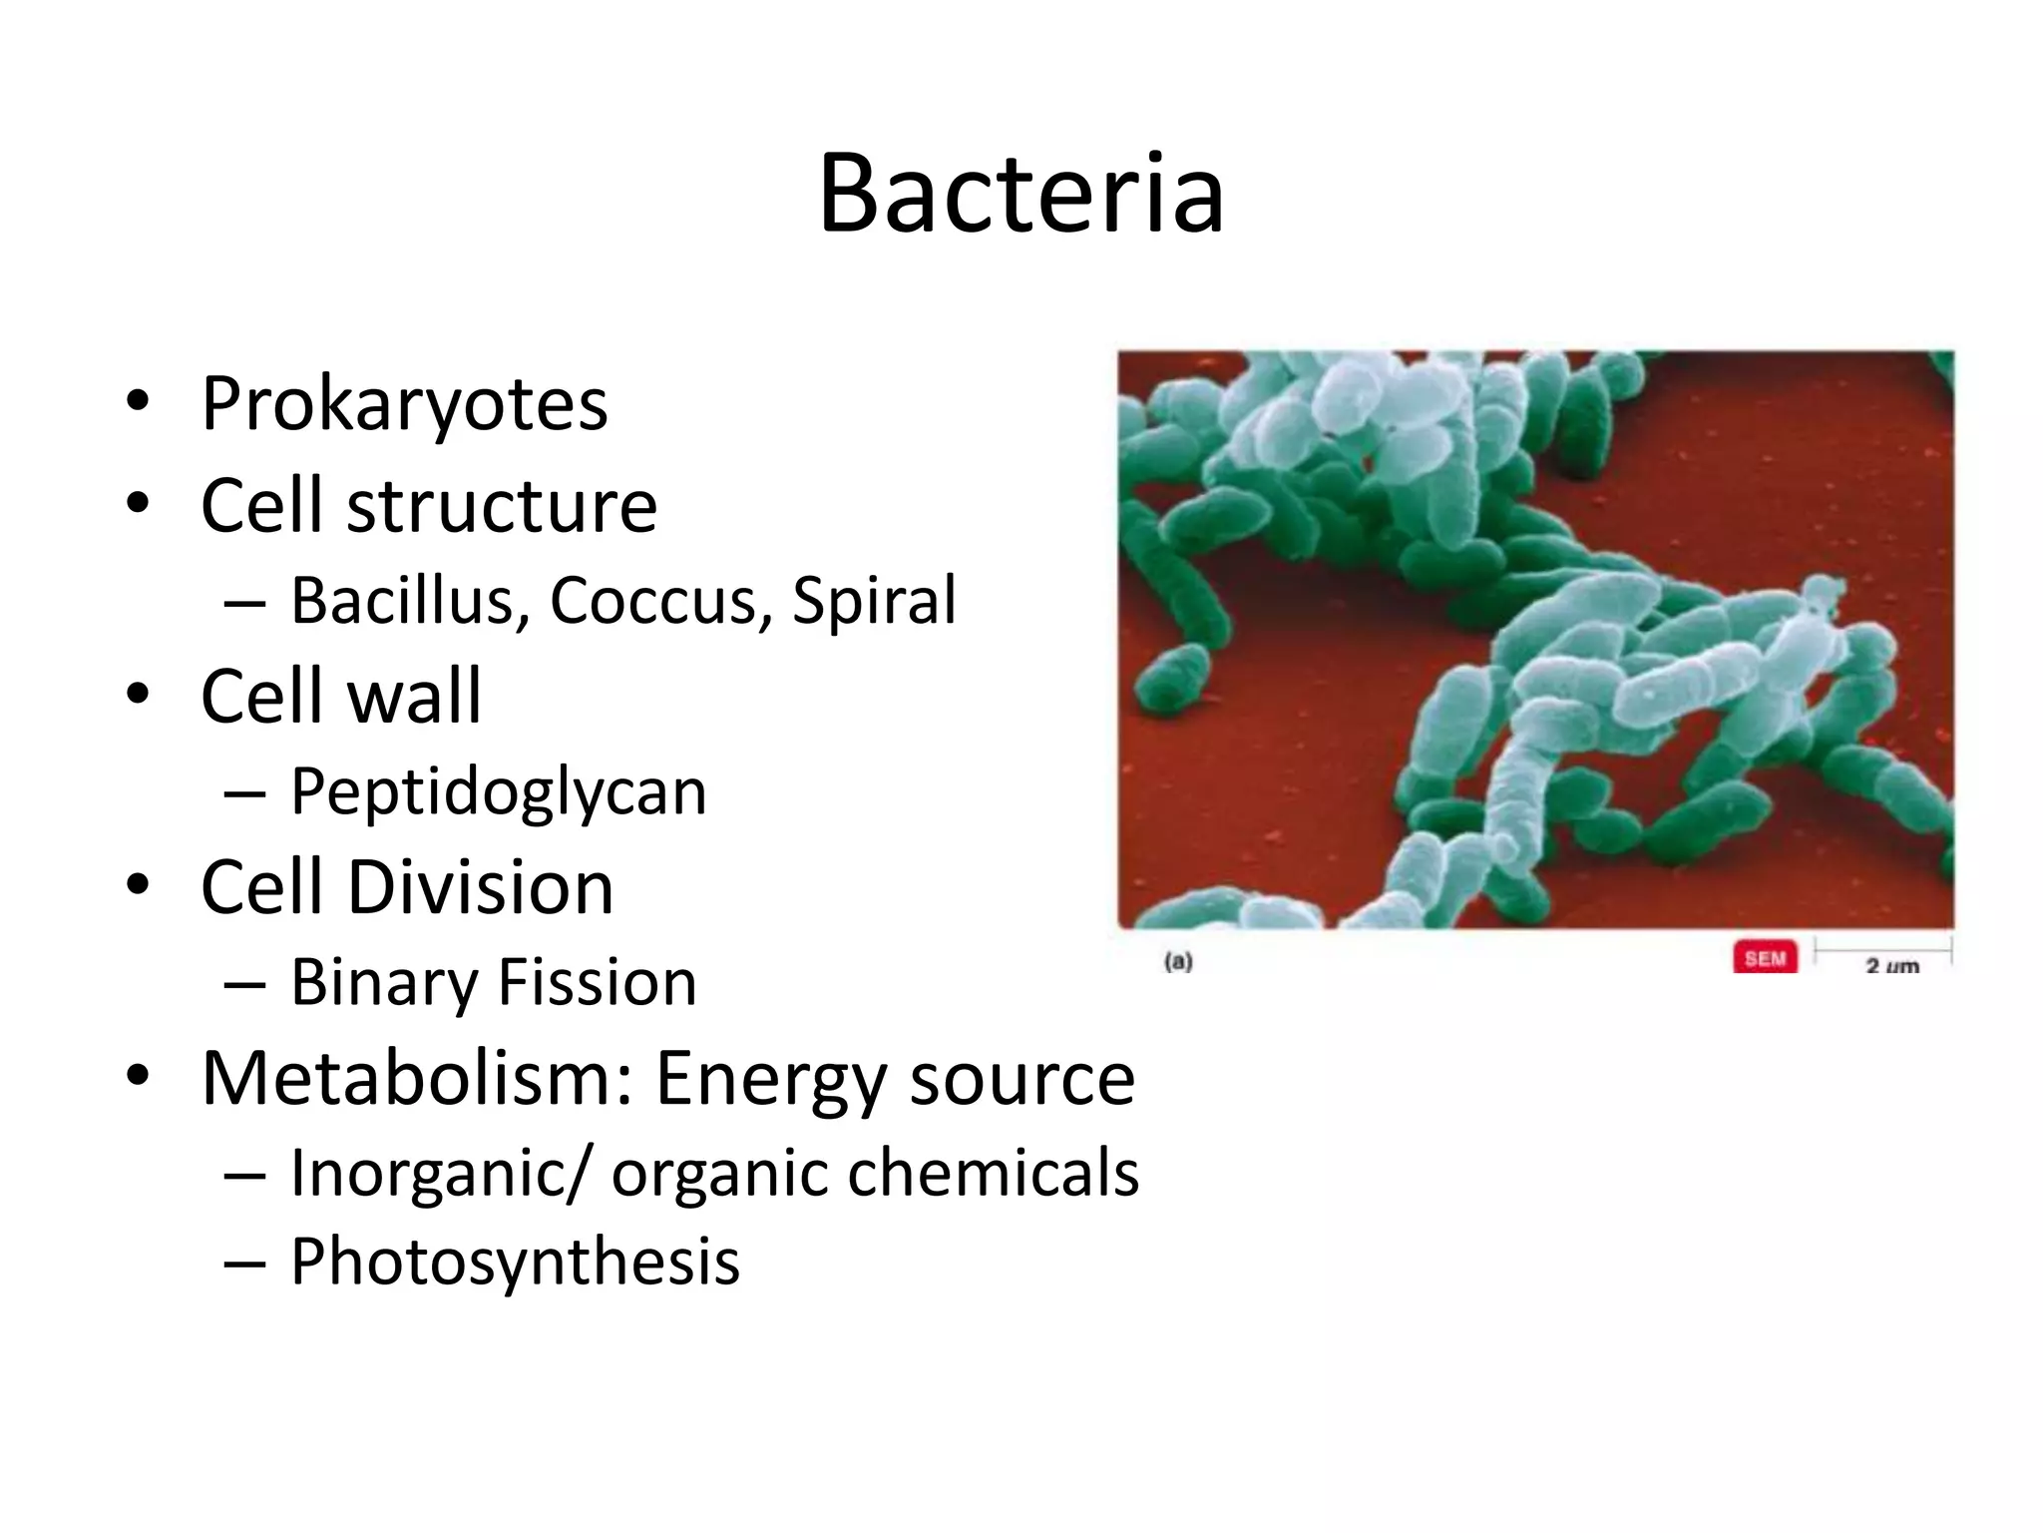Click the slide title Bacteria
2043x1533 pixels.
point(1021,194)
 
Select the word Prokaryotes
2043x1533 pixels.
point(404,405)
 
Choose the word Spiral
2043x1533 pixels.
point(874,601)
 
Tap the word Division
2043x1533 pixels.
point(480,887)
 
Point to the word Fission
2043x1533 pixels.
point(597,983)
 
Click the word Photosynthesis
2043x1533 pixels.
point(515,1263)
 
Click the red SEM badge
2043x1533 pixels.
point(1765,958)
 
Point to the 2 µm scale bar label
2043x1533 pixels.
point(1891,965)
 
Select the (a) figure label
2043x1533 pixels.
point(1178,962)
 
